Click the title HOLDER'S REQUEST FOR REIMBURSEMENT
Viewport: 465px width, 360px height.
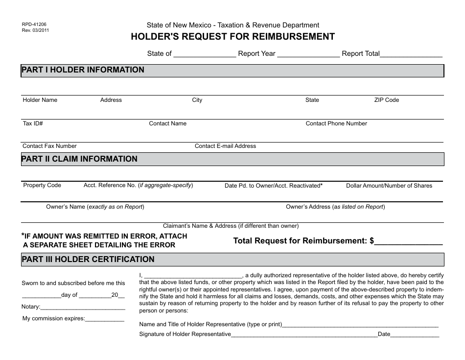232,37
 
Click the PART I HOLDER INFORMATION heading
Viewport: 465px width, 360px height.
83,70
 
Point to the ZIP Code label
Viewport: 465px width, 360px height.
387,100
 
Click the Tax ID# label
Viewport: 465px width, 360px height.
33,123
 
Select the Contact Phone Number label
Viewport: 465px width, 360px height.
336,123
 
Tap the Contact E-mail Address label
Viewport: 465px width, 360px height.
225,146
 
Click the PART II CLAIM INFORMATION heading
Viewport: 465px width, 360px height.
79,159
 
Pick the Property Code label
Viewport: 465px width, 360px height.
42,185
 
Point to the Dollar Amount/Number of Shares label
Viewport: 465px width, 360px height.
389,186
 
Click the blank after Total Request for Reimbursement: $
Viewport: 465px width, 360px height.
409,241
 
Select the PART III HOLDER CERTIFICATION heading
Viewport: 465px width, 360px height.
88,260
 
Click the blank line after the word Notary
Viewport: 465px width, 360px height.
82,308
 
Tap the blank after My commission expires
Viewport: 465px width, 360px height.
105,320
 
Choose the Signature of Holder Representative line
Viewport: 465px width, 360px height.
303,336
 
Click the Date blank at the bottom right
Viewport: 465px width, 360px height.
415,336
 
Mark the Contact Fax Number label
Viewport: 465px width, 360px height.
49,146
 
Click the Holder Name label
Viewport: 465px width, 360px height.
40,100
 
